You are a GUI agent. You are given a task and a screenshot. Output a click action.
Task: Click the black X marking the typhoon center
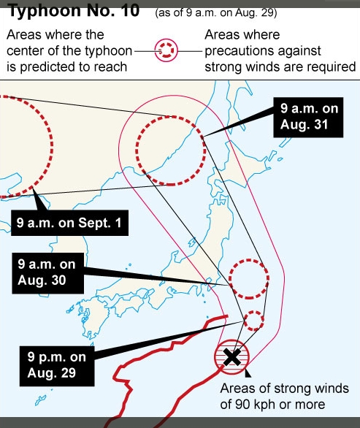coord(232,357)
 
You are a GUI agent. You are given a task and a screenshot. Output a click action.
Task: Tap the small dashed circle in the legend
coord(168,51)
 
